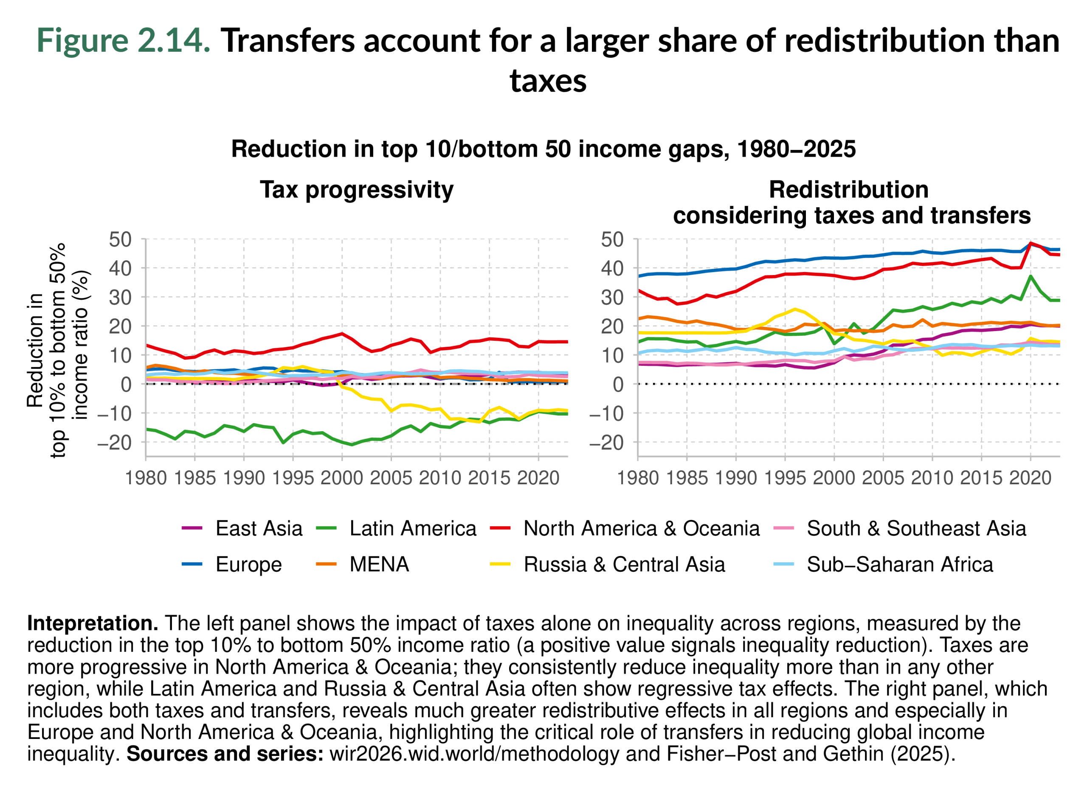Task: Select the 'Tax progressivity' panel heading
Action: point(356,189)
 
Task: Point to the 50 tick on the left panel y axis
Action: point(120,239)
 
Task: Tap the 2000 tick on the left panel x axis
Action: point(342,478)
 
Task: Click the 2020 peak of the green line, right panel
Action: point(1031,276)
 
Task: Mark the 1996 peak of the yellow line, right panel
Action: point(795,309)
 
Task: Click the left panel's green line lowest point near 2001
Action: point(352,444)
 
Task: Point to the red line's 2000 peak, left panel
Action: point(342,333)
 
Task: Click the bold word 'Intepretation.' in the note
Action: point(93,623)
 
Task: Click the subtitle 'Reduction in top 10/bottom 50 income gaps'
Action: point(543,149)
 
